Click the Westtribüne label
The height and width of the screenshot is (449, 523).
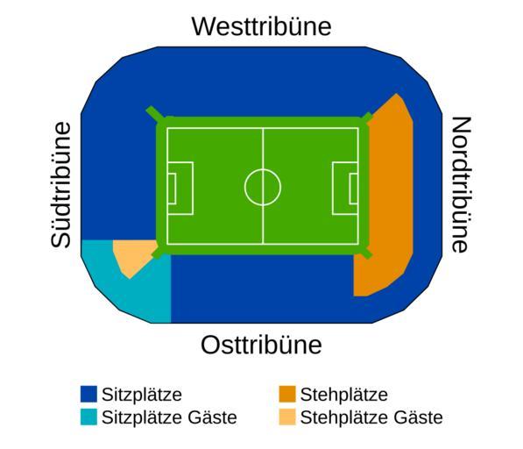[x=261, y=26]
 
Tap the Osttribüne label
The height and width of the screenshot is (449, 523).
[x=261, y=345]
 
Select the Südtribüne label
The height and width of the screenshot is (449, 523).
[x=61, y=185]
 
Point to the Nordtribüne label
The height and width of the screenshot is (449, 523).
[x=461, y=185]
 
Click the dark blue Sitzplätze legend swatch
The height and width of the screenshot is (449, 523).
[x=88, y=395]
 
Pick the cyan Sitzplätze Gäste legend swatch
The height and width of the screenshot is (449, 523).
[x=88, y=417]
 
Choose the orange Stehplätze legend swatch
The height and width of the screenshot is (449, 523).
[x=287, y=395]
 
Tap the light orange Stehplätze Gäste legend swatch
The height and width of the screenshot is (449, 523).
[x=287, y=417]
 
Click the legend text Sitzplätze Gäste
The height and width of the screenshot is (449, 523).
[x=169, y=417]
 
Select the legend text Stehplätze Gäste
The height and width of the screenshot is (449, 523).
[x=371, y=417]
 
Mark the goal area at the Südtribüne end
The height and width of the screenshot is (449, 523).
[x=172, y=189]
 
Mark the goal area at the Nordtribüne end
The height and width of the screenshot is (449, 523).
[x=354, y=189]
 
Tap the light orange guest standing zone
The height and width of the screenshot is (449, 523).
[x=131, y=255]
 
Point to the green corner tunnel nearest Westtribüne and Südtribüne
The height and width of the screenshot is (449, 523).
[x=155, y=114]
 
